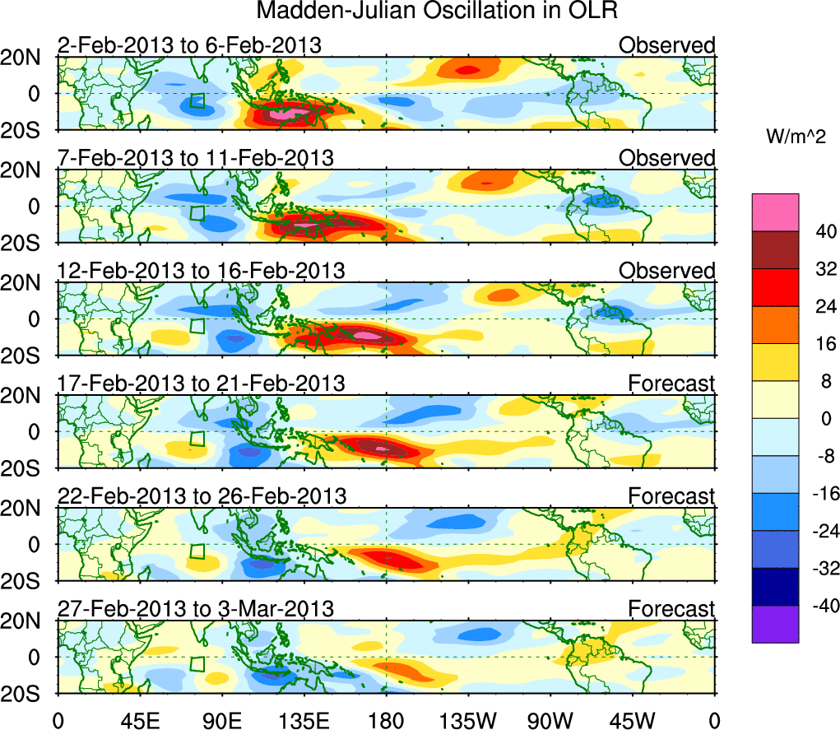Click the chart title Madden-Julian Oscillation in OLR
click(x=437, y=12)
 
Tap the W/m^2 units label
click(x=796, y=137)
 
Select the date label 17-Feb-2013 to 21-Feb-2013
click(x=201, y=384)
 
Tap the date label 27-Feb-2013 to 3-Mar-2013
click(x=195, y=609)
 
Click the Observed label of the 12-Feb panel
click(x=666, y=271)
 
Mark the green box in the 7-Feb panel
click(x=197, y=213)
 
